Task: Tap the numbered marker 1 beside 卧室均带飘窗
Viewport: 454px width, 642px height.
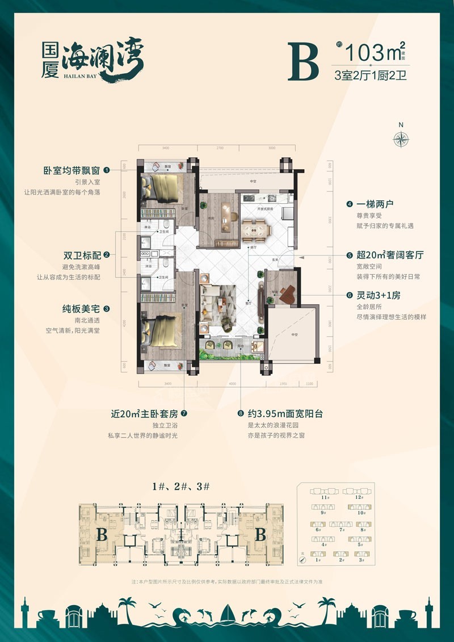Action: pyautogui.click(x=106, y=169)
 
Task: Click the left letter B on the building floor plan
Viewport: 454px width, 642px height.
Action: pyautogui.click(x=102, y=534)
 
